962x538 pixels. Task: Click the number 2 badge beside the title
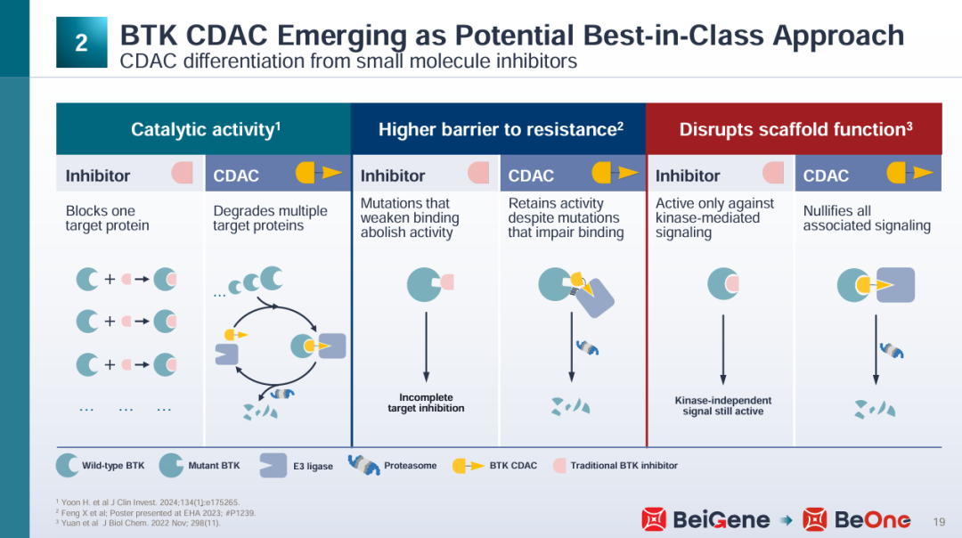82,43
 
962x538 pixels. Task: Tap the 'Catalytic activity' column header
206,129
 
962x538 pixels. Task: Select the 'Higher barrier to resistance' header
501,129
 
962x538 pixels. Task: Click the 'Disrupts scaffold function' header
795,129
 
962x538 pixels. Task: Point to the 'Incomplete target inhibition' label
426,403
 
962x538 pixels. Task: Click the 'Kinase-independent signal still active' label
722,405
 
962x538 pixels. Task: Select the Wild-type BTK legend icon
67,466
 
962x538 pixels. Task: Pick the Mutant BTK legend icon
170,466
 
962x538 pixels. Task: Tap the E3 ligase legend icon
273,466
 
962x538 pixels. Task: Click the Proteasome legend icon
363,465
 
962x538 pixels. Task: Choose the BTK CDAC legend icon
468,466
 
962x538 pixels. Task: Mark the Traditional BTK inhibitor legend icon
558,466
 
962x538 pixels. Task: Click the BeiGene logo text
721,520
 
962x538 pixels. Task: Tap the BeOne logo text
872,520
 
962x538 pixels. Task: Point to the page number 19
939,522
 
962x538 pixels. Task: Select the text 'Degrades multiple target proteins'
270,217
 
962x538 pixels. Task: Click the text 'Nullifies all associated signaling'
867,217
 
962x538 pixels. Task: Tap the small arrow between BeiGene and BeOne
786,521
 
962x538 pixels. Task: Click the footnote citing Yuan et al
137,523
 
